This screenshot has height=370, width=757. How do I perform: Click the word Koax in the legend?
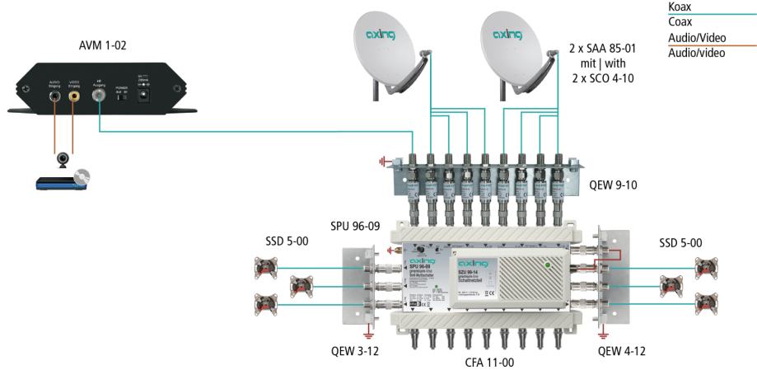682,7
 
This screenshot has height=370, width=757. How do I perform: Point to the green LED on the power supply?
547,264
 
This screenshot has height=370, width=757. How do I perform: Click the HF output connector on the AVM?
99,97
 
